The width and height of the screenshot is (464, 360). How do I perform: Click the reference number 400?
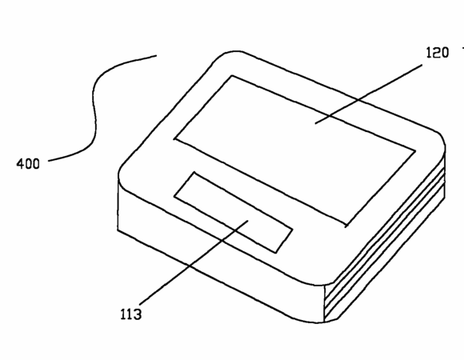click(28, 163)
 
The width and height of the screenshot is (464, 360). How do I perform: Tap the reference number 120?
click(438, 53)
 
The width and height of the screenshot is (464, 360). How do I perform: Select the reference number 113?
click(130, 314)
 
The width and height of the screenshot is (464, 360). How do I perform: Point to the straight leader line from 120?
click(369, 94)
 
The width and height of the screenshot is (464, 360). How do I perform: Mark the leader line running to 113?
click(194, 262)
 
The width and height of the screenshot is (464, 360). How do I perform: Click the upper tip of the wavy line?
click(157, 55)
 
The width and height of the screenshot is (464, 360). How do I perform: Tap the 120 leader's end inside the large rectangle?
click(315, 123)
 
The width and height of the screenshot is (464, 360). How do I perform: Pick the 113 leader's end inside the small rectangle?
click(248, 220)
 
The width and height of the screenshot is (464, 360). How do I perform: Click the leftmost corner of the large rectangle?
click(174, 138)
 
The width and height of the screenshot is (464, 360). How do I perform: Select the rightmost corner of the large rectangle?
click(415, 151)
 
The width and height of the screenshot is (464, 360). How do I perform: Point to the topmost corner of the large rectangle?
click(232, 76)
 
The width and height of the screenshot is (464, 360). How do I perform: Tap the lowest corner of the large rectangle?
click(346, 226)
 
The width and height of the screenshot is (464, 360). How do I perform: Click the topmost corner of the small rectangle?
click(194, 172)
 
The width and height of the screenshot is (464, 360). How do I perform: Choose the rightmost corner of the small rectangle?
click(293, 229)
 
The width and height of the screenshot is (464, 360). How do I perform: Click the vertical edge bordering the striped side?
click(325, 303)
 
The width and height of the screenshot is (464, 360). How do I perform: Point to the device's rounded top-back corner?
click(228, 54)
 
